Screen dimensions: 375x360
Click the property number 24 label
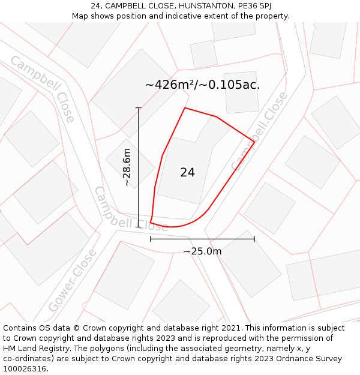coord(187,172)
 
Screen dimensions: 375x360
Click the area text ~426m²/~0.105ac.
coord(202,85)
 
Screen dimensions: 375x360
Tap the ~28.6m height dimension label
coord(127,167)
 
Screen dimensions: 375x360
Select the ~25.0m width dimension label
coord(202,251)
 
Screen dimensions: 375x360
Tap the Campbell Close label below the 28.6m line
coord(131,210)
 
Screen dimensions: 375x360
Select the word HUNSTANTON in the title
coord(185,6)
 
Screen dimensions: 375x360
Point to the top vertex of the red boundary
coord(185,108)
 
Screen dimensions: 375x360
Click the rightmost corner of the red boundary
coord(254,142)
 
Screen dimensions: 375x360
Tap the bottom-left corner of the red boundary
coord(150,223)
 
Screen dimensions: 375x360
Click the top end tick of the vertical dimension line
coord(139,108)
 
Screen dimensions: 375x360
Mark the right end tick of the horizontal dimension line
coord(254,239)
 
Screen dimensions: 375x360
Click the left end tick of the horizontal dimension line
coord(150,239)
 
